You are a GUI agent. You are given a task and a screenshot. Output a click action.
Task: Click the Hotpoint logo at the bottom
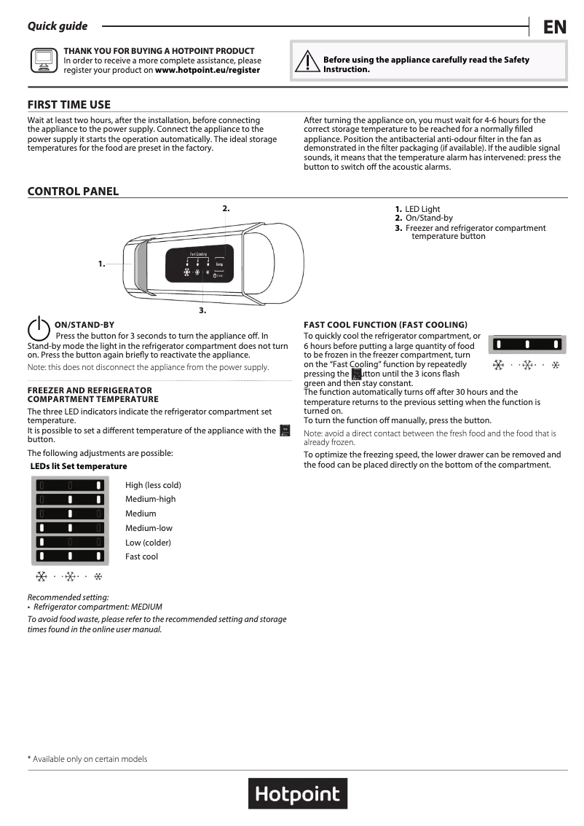point(298,793)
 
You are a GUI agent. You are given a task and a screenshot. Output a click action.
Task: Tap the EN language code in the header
point(554,28)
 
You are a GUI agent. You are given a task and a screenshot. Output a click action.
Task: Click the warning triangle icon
point(307,62)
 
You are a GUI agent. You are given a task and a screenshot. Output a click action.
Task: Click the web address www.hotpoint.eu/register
point(208,70)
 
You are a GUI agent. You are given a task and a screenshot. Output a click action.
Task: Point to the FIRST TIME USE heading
point(69,105)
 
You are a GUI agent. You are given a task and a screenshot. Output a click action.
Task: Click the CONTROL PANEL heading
point(73,192)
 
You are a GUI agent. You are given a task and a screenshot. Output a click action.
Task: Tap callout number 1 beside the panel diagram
point(102,264)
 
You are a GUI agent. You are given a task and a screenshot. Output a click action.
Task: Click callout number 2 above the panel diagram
point(226,208)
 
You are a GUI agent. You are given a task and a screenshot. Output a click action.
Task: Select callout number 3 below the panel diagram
point(202,311)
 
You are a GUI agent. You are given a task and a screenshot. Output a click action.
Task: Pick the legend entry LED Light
point(422,209)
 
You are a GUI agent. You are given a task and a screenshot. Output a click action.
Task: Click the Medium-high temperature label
point(150,499)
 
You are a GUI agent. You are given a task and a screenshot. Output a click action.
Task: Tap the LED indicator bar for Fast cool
point(69,557)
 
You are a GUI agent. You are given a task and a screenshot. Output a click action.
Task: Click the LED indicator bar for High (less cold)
point(69,485)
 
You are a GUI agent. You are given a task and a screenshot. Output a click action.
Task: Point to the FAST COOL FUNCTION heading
point(385,324)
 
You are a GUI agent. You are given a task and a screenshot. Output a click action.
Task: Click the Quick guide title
point(58,26)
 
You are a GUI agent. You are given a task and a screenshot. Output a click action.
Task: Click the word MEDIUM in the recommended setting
point(146,607)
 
